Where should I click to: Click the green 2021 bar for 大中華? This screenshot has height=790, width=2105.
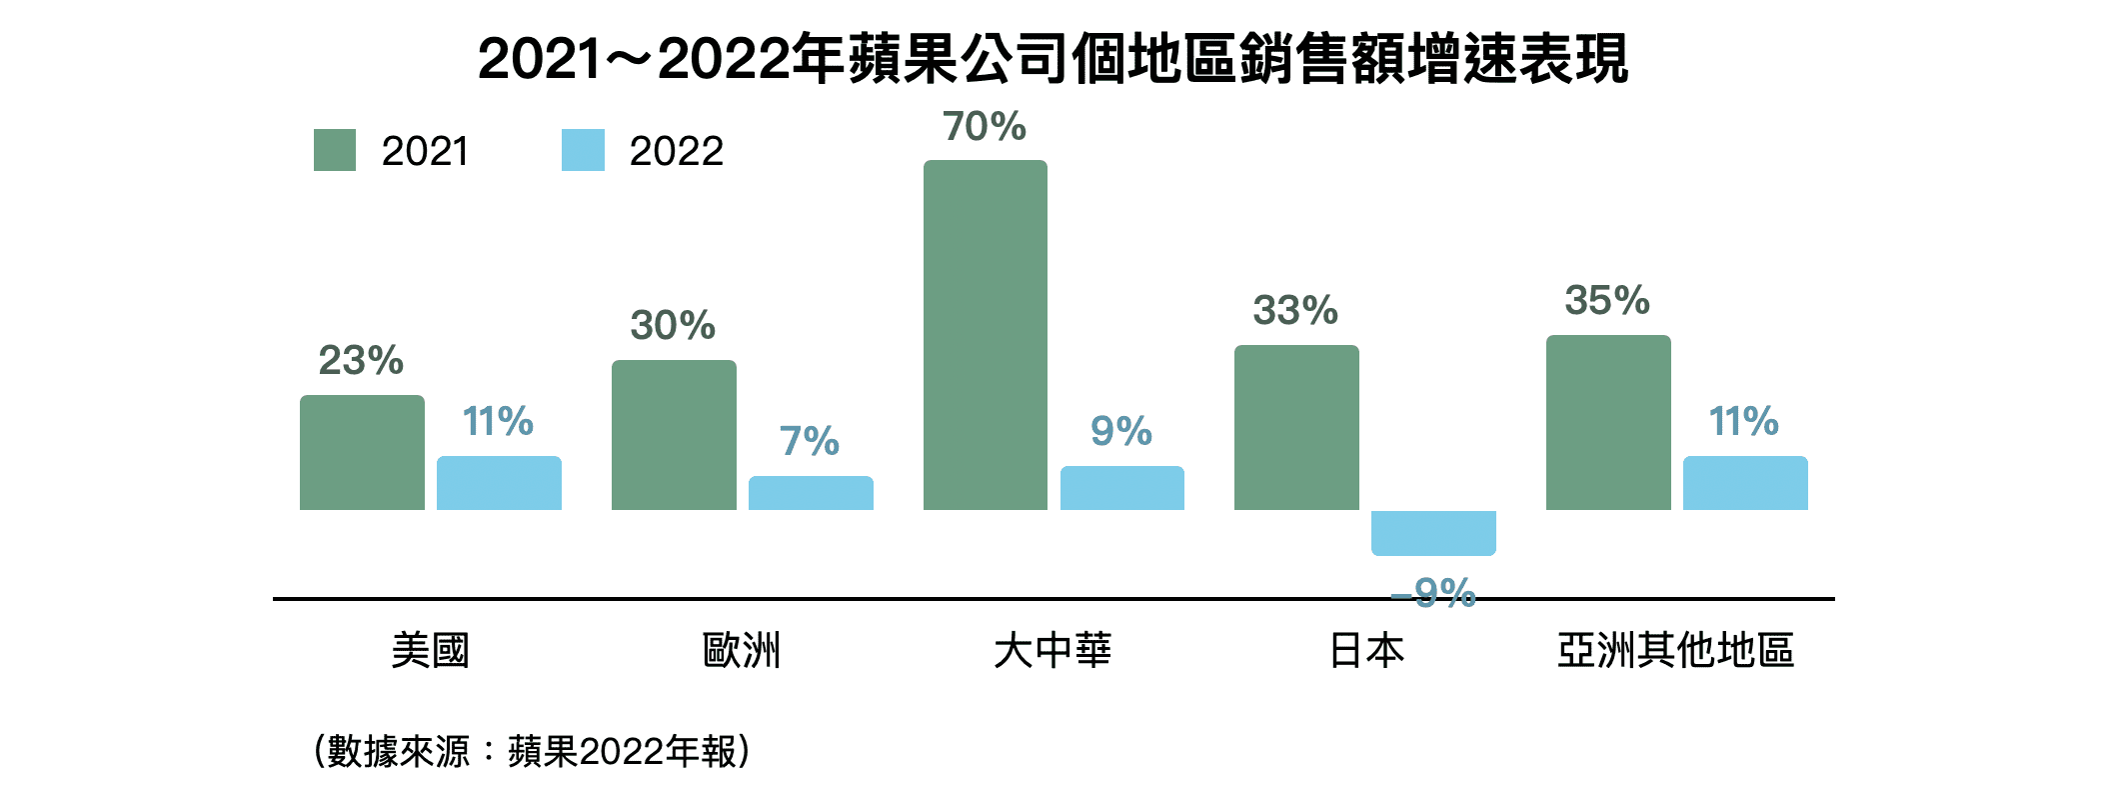click(x=985, y=335)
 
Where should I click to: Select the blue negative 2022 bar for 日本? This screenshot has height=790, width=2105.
click(x=1433, y=532)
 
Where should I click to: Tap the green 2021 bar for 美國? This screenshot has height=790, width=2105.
click(x=362, y=452)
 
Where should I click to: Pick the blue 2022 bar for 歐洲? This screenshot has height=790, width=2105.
click(x=811, y=493)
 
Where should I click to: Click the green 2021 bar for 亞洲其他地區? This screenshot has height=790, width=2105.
click(x=1608, y=422)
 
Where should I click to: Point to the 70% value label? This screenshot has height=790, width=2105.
click(x=985, y=127)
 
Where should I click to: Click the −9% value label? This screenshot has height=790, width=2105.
click(x=1433, y=593)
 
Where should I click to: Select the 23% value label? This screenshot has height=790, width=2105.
click(x=361, y=360)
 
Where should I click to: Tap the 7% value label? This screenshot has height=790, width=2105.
click(x=810, y=441)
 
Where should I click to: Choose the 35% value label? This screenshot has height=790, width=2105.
click(x=1607, y=300)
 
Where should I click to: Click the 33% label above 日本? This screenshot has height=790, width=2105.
click(x=1295, y=310)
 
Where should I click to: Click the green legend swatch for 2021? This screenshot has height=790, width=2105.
click(x=335, y=150)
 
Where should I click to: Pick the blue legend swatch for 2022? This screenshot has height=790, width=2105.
click(x=583, y=150)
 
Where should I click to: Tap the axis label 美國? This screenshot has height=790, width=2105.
click(x=430, y=650)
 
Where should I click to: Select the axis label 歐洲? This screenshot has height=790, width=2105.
click(x=741, y=650)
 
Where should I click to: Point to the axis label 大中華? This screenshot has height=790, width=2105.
click(x=1052, y=650)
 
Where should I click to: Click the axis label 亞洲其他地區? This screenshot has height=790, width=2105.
click(x=1675, y=650)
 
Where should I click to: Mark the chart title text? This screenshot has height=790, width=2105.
click(x=1052, y=58)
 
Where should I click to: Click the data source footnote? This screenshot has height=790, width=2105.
click(x=532, y=751)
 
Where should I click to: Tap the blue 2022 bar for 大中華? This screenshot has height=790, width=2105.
click(x=1121, y=488)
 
